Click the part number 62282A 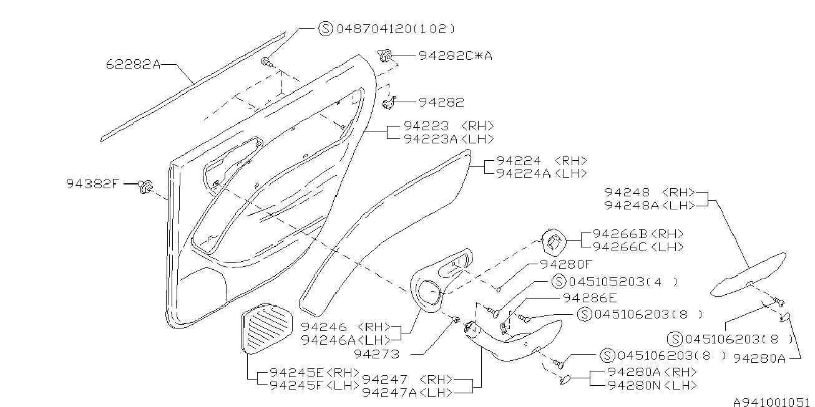click(x=133, y=64)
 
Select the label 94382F click(x=93, y=184)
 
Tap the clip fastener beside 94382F click(x=145, y=186)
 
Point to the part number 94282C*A click(x=456, y=55)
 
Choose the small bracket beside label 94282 click(x=389, y=103)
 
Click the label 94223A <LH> click(x=449, y=139)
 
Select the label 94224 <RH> click(x=542, y=161)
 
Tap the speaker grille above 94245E click(x=266, y=328)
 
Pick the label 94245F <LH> click(x=315, y=385)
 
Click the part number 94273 click(x=376, y=354)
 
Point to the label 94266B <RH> click(x=638, y=234)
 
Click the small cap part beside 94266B click(x=554, y=242)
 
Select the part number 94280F click(x=567, y=264)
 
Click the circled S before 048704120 click(x=326, y=28)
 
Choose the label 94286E click(x=590, y=298)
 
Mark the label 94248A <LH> click(x=650, y=205)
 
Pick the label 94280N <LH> click(x=652, y=385)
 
